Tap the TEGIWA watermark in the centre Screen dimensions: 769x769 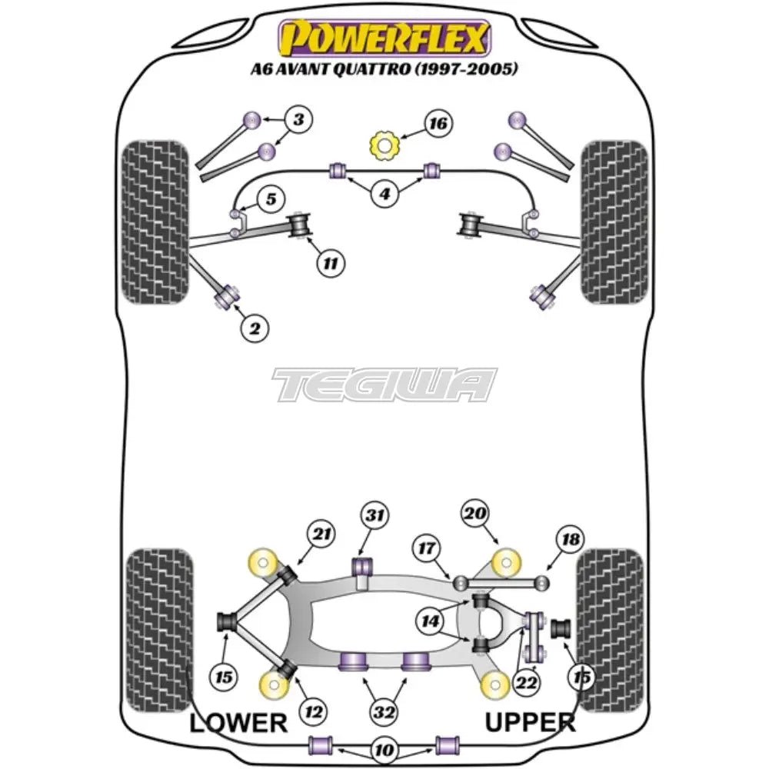tap(384, 384)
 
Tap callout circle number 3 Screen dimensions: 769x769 tap(298, 120)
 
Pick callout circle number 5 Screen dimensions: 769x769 tap(270, 201)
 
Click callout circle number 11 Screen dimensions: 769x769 tap(330, 264)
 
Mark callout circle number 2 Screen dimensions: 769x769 tap(255, 329)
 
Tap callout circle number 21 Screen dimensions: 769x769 tap(321, 532)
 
